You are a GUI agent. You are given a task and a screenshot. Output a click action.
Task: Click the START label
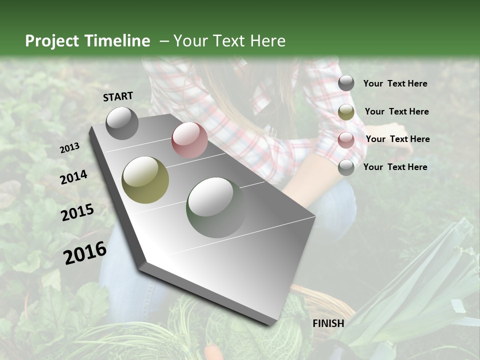click(118, 96)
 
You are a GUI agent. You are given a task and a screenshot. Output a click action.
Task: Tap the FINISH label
click(328, 323)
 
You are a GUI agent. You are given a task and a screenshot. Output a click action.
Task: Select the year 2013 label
click(70, 148)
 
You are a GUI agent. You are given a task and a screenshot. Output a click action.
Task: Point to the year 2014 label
click(74, 177)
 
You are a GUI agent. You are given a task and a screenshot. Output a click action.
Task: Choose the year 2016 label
click(85, 253)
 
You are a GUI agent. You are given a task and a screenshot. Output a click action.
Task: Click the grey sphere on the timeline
click(122, 123)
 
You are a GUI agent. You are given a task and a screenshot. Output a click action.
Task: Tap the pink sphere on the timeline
click(189, 140)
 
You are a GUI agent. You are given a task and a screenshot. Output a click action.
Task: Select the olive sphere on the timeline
click(145, 180)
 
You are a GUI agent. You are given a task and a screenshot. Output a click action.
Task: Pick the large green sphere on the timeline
click(216, 207)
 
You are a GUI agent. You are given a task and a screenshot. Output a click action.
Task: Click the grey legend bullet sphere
click(346, 83)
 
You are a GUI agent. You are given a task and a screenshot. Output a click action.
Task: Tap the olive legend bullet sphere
click(346, 112)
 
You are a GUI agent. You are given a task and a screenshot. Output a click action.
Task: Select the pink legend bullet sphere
click(346, 139)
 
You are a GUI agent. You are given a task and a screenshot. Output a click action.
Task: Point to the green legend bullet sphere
click(346, 167)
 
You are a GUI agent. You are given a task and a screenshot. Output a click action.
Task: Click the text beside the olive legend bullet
click(396, 111)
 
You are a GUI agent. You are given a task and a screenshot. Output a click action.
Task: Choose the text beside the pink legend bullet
click(397, 139)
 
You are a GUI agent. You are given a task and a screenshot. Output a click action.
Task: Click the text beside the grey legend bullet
click(395, 83)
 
